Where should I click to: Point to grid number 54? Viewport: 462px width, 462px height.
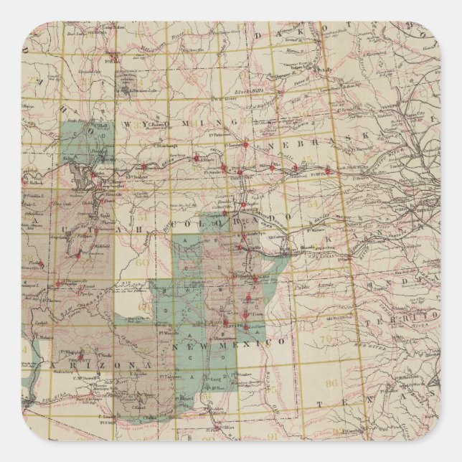pyautogui.click(x=331, y=204)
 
